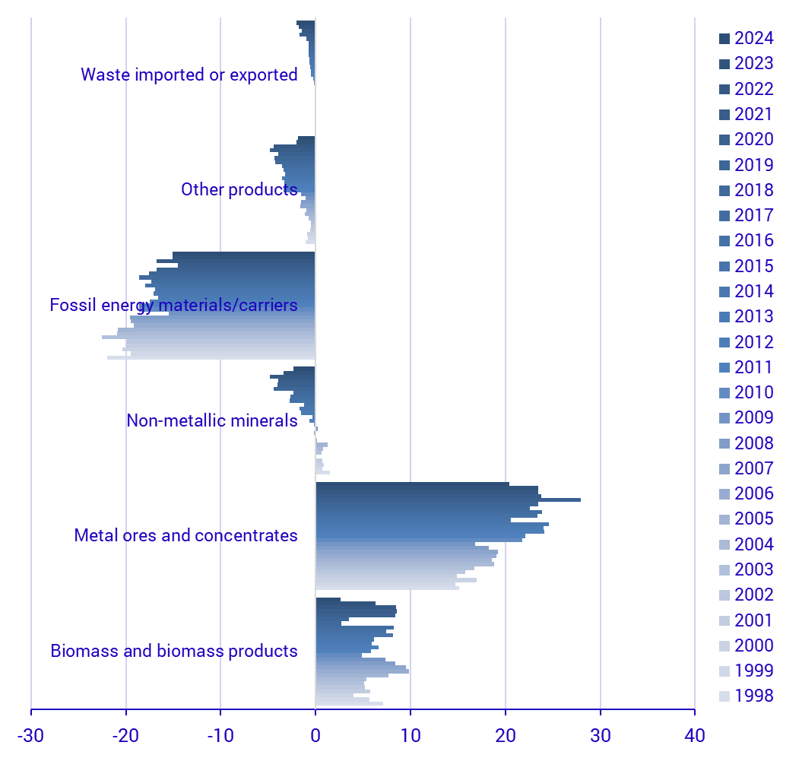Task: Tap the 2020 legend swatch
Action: tap(724, 140)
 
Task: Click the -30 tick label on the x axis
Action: tap(31, 735)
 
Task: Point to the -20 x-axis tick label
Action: tap(125, 735)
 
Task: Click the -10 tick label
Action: tap(220, 735)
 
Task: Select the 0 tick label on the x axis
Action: tap(315, 735)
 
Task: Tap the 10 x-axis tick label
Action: tap(411, 735)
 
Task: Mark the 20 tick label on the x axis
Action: tap(506, 735)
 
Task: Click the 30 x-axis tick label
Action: tap(601, 735)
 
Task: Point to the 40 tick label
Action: tap(695, 735)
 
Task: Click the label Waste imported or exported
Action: tap(189, 75)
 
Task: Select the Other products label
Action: tap(239, 189)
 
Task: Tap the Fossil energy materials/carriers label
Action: tap(173, 305)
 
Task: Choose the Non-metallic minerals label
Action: tap(212, 420)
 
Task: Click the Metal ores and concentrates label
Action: tap(185, 535)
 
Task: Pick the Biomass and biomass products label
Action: tap(174, 651)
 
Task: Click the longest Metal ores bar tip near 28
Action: tap(579, 500)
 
